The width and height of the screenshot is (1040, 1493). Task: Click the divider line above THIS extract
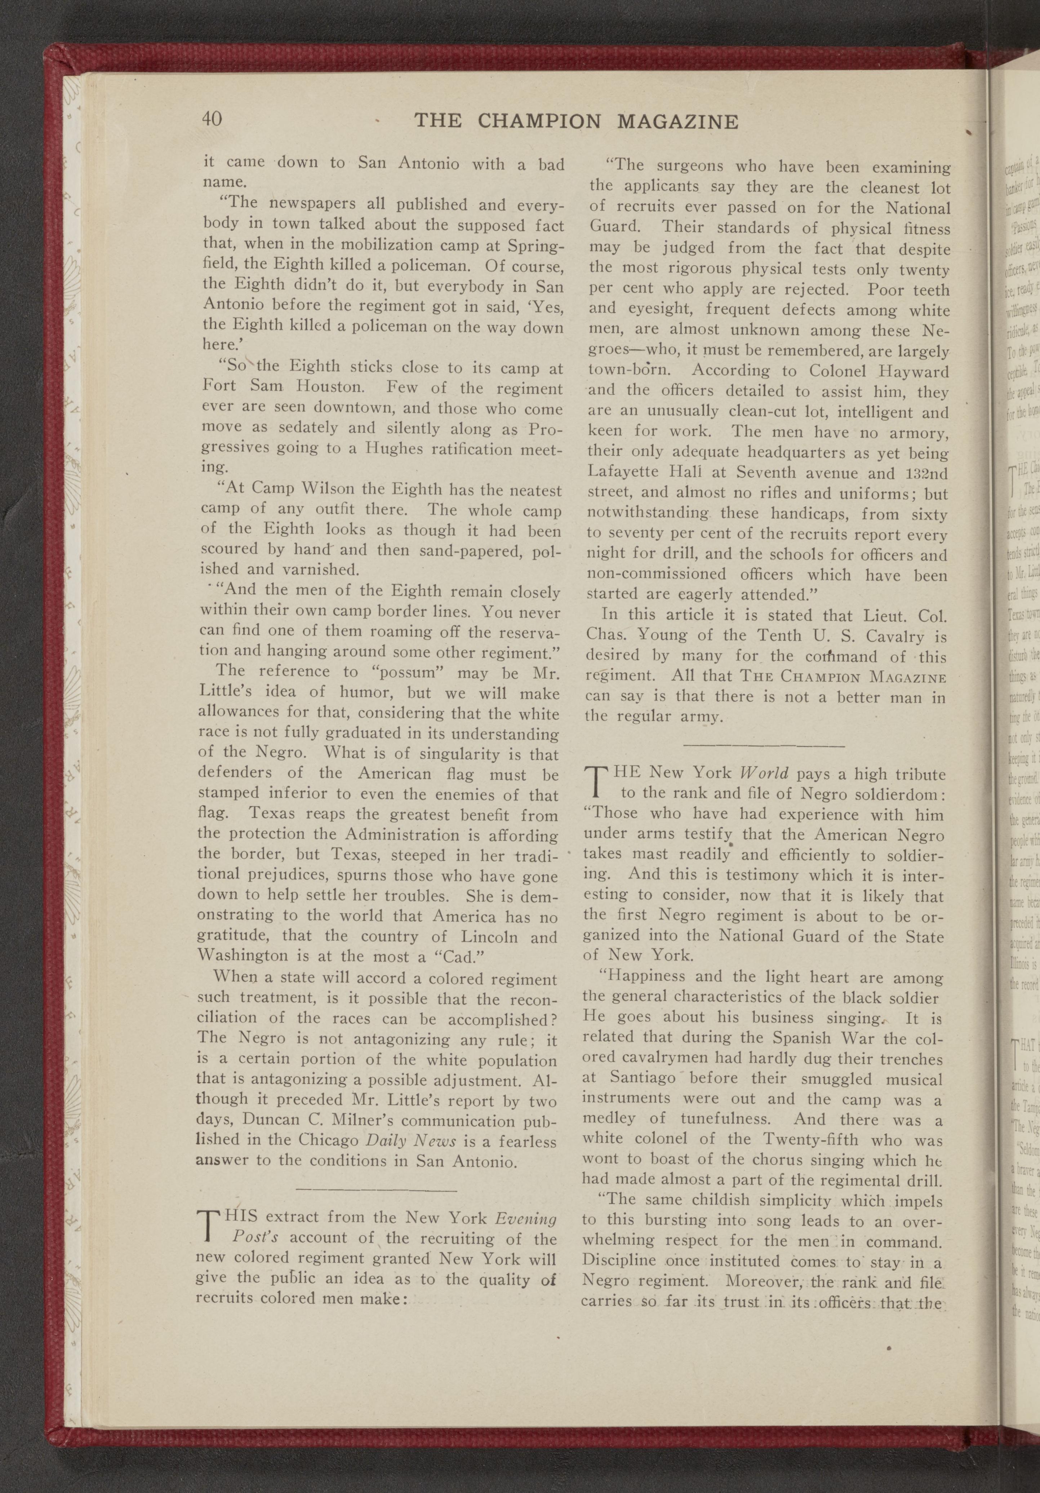(x=376, y=1189)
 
